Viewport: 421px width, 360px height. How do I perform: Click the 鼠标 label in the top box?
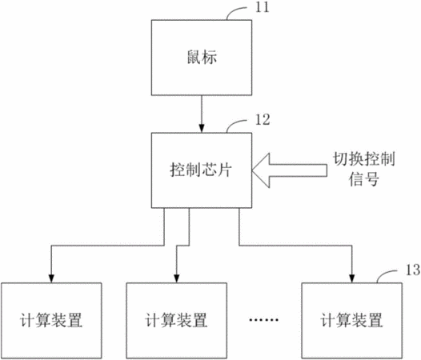click(x=202, y=57)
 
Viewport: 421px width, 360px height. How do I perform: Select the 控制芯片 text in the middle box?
click(x=201, y=170)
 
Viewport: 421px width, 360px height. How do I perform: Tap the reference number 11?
click(x=262, y=7)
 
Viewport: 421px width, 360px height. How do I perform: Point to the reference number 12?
click(x=263, y=120)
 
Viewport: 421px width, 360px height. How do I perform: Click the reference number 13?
click(x=413, y=270)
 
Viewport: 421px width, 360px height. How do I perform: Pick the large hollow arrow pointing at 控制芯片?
click(x=290, y=170)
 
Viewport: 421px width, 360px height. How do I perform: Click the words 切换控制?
click(x=364, y=159)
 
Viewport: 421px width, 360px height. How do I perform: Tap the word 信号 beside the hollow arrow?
click(x=364, y=179)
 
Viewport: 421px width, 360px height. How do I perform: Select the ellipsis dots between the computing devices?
click(x=263, y=320)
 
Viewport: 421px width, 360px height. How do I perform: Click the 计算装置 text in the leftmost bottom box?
click(x=51, y=320)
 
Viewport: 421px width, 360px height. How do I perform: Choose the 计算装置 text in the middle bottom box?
click(x=176, y=320)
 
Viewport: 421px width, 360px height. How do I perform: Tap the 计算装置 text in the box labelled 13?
click(x=351, y=320)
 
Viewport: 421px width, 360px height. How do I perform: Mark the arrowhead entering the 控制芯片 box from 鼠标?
click(x=202, y=129)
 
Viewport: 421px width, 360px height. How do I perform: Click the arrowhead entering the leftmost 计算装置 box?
click(x=51, y=278)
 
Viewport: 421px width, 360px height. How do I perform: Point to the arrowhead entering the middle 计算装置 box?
click(x=176, y=278)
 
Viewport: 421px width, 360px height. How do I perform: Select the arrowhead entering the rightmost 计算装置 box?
click(x=351, y=278)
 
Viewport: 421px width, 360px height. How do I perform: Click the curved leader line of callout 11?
click(x=233, y=10)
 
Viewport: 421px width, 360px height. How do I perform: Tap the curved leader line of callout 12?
click(x=233, y=123)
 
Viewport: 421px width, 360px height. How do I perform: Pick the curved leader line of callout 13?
click(x=383, y=274)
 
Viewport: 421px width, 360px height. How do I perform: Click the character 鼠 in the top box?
click(x=194, y=57)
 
